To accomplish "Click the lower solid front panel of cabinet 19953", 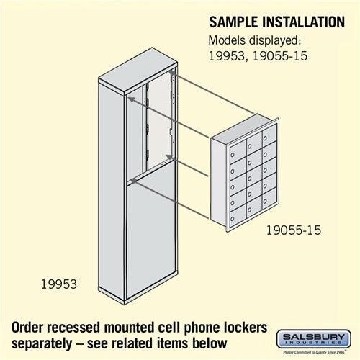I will [151, 238].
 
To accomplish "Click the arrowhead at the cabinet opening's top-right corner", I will [172, 72].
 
